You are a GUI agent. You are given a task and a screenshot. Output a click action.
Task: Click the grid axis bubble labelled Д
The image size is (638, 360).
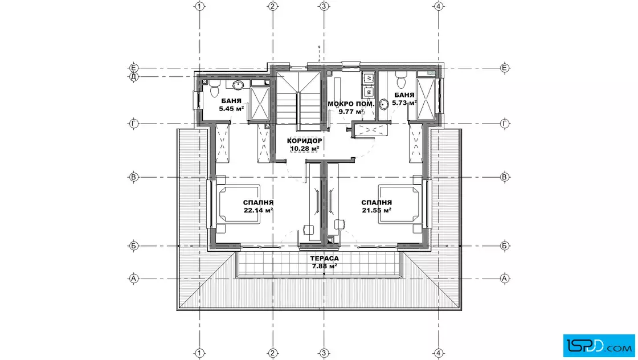133,76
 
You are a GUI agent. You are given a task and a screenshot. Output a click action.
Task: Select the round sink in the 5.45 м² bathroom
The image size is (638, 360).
238,85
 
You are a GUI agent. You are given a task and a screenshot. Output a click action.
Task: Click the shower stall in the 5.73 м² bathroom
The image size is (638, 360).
426,99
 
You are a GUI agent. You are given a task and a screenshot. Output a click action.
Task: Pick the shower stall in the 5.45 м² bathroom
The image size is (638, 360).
259,104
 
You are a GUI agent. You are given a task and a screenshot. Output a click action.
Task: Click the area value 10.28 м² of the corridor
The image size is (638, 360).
304,149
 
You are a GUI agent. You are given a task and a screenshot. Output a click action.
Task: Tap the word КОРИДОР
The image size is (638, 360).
304,141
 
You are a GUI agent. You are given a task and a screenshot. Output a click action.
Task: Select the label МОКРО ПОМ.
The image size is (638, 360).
351,104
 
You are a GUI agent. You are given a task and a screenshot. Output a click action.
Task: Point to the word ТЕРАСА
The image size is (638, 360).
324,258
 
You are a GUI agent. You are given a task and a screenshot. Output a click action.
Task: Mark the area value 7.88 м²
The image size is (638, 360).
324,267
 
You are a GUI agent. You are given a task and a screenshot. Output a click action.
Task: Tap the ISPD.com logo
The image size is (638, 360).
599,346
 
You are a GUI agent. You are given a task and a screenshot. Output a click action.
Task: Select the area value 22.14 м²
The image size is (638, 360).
258,210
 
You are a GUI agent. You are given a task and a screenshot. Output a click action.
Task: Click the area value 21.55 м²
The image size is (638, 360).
377,210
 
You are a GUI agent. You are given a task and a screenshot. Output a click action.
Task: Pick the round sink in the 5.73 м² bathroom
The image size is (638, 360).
384,104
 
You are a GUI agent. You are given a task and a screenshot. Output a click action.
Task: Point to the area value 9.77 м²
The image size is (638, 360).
351,112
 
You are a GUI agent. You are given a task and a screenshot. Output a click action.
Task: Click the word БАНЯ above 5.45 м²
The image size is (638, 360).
231,101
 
